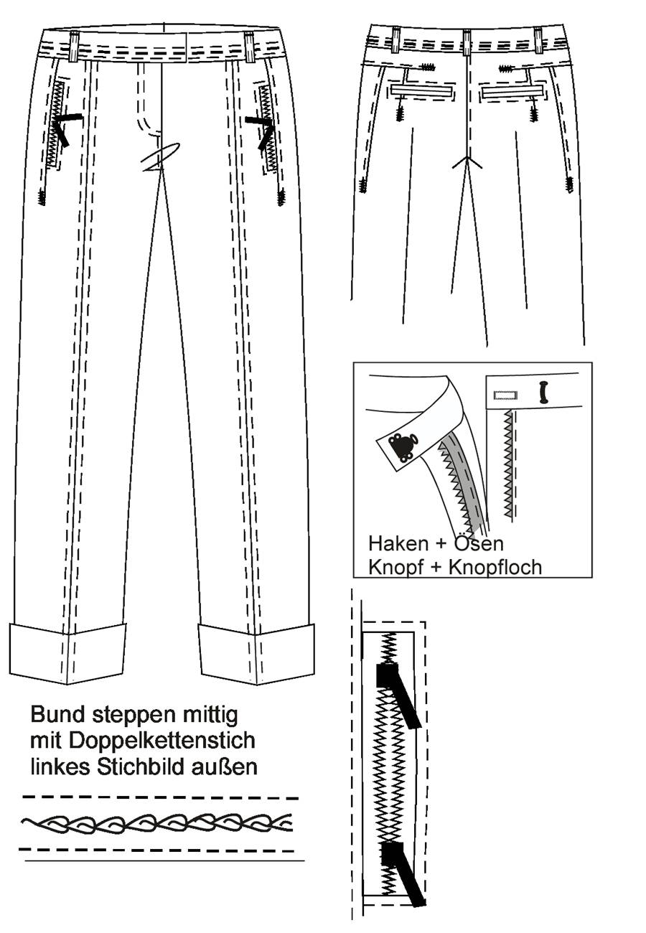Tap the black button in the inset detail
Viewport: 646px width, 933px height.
543,392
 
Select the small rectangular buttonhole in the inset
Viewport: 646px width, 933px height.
505,395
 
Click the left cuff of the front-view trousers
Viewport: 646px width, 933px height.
67,653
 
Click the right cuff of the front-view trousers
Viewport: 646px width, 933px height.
256,653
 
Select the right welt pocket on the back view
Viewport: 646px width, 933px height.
512,90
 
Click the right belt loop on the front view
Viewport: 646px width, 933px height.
249,47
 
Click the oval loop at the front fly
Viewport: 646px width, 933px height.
160,157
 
